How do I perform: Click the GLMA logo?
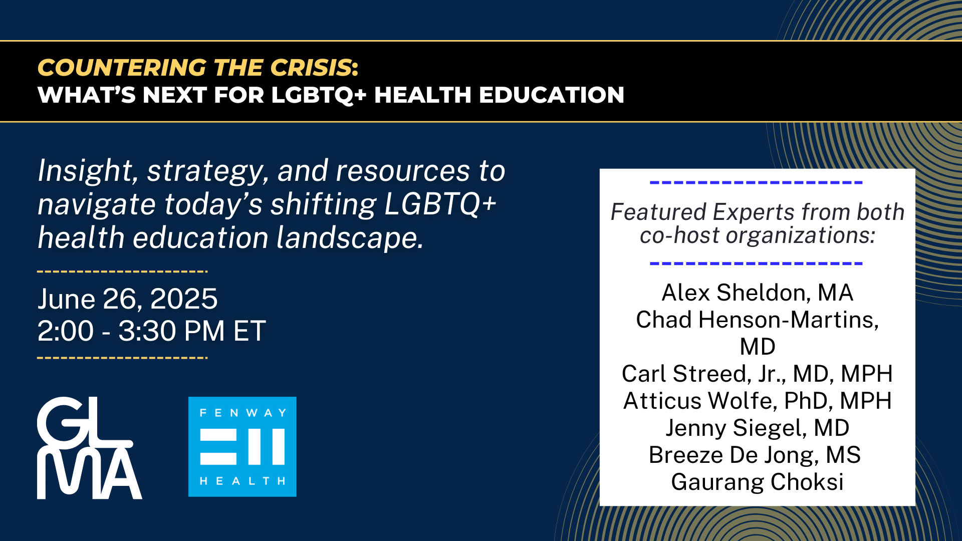pyautogui.click(x=89, y=448)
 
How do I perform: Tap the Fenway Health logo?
pyautogui.click(x=243, y=447)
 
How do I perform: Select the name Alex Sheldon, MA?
pyautogui.click(x=757, y=293)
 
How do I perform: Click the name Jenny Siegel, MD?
pyautogui.click(x=757, y=428)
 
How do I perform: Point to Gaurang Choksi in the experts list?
pyautogui.click(x=757, y=482)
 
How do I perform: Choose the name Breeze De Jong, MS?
pyautogui.click(x=755, y=455)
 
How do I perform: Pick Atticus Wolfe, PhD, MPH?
pyautogui.click(x=757, y=401)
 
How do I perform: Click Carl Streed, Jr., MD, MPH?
pyautogui.click(x=757, y=374)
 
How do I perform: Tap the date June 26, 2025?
pyautogui.click(x=127, y=299)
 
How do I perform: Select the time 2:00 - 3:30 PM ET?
pyautogui.click(x=151, y=331)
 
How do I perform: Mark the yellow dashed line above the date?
pyautogui.click(x=122, y=272)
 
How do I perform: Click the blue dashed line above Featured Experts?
pyautogui.click(x=756, y=182)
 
